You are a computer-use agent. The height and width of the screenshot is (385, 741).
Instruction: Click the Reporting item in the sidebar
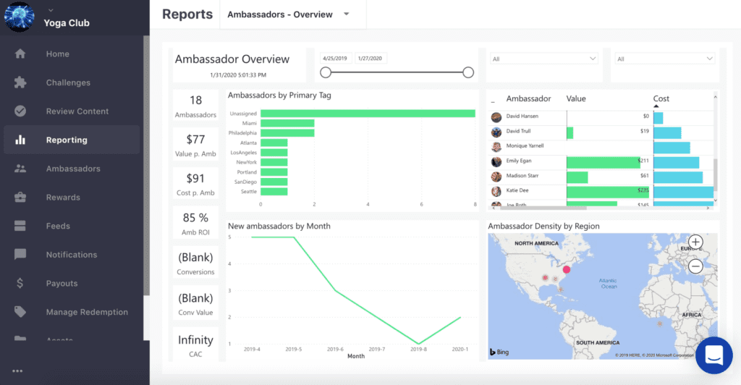pyautogui.click(x=67, y=140)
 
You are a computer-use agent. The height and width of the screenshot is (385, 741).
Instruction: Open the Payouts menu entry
pyautogui.click(x=62, y=283)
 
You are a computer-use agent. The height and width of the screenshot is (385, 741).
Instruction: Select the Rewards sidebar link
pyautogui.click(x=63, y=197)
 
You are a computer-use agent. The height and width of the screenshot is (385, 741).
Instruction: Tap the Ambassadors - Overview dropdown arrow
pyautogui.click(x=347, y=14)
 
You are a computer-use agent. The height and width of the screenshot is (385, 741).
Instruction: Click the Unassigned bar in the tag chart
pyautogui.click(x=367, y=114)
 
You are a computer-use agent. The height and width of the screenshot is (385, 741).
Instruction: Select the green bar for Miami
pyautogui.click(x=287, y=123)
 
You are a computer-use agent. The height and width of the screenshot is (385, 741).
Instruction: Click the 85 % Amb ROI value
pyautogui.click(x=195, y=217)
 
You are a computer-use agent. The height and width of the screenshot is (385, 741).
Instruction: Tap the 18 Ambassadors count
pyautogui.click(x=195, y=100)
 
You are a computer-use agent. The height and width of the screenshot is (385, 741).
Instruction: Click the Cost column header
pyautogui.click(x=661, y=98)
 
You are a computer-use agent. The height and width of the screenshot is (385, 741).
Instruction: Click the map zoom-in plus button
pyautogui.click(x=695, y=242)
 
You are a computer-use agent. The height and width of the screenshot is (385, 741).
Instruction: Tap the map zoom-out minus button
pyautogui.click(x=695, y=266)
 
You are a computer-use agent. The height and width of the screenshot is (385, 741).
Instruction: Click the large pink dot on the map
pyautogui.click(x=567, y=269)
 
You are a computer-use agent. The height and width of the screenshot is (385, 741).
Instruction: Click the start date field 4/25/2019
pyautogui.click(x=336, y=59)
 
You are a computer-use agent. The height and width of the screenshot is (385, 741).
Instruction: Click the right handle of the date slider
pyautogui.click(x=468, y=72)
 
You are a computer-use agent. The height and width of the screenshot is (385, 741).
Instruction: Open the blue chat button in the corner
pyautogui.click(x=714, y=355)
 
